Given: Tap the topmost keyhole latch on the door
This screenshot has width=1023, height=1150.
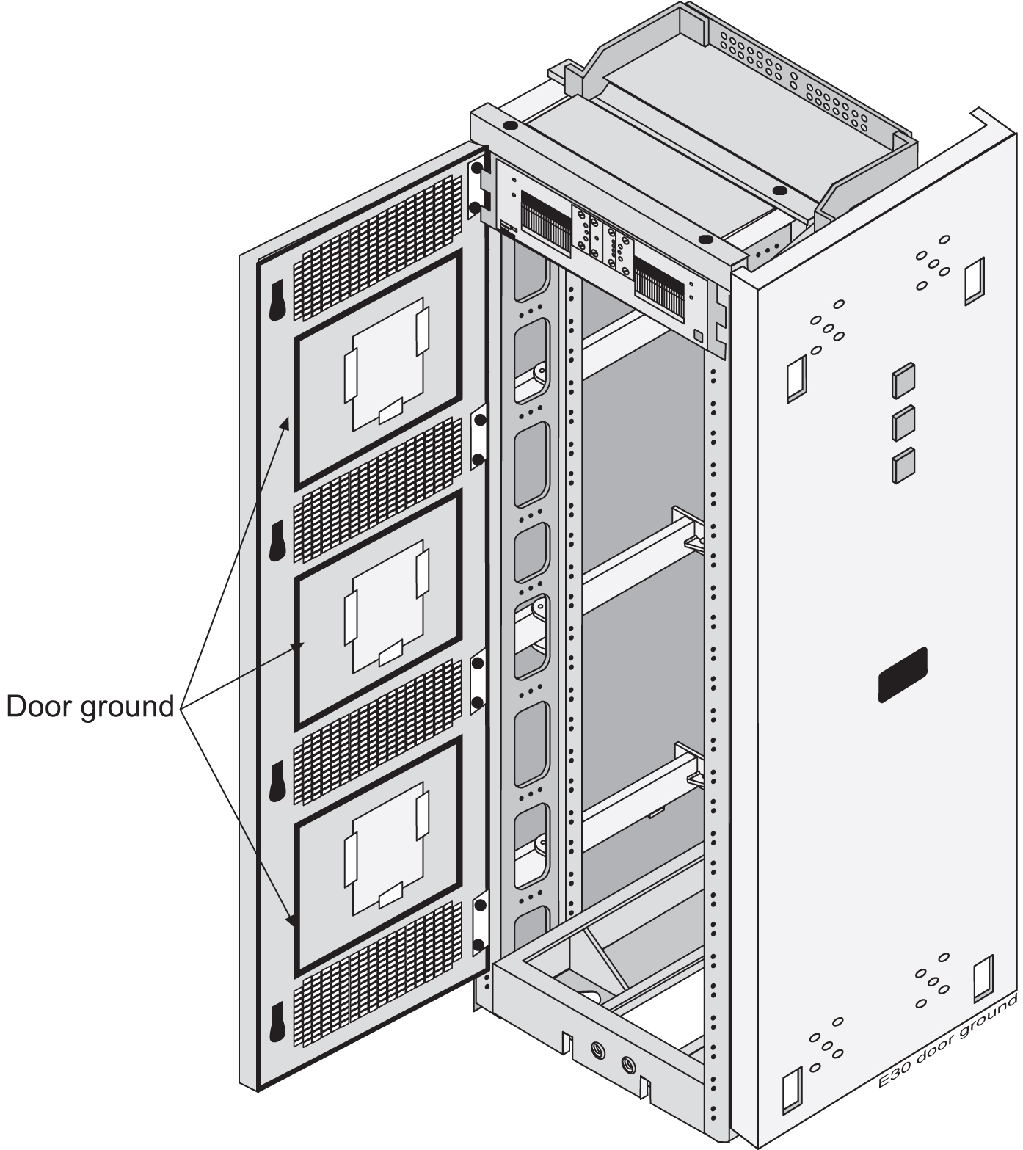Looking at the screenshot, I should pyautogui.click(x=277, y=300).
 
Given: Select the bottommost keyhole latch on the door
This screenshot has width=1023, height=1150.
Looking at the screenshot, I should pyautogui.click(x=277, y=1021).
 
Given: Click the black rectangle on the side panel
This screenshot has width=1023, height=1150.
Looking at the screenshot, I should pyautogui.click(x=903, y=674).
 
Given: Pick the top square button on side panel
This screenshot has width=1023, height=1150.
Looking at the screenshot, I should pyautogui.click(x=903, y=381).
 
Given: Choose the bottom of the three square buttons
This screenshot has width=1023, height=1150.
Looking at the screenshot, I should pyautogui.click(x=903, y=465).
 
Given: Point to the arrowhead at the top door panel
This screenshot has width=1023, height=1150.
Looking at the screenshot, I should pyautogui.click(x=288, y=423).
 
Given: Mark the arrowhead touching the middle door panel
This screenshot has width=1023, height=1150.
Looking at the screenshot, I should pyautogui.click(x=297, y=647).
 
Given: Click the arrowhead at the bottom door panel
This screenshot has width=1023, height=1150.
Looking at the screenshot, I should pyautogui.click(x=292, y=920).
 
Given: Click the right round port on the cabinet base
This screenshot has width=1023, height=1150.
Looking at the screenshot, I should pyautogui.click(x=627, y=1063).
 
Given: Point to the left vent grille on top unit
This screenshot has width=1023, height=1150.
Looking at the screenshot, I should pyautogui.click(x=545, y=221).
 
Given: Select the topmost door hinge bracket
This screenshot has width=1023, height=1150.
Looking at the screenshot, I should pyautogui.click(x=478, y=188).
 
